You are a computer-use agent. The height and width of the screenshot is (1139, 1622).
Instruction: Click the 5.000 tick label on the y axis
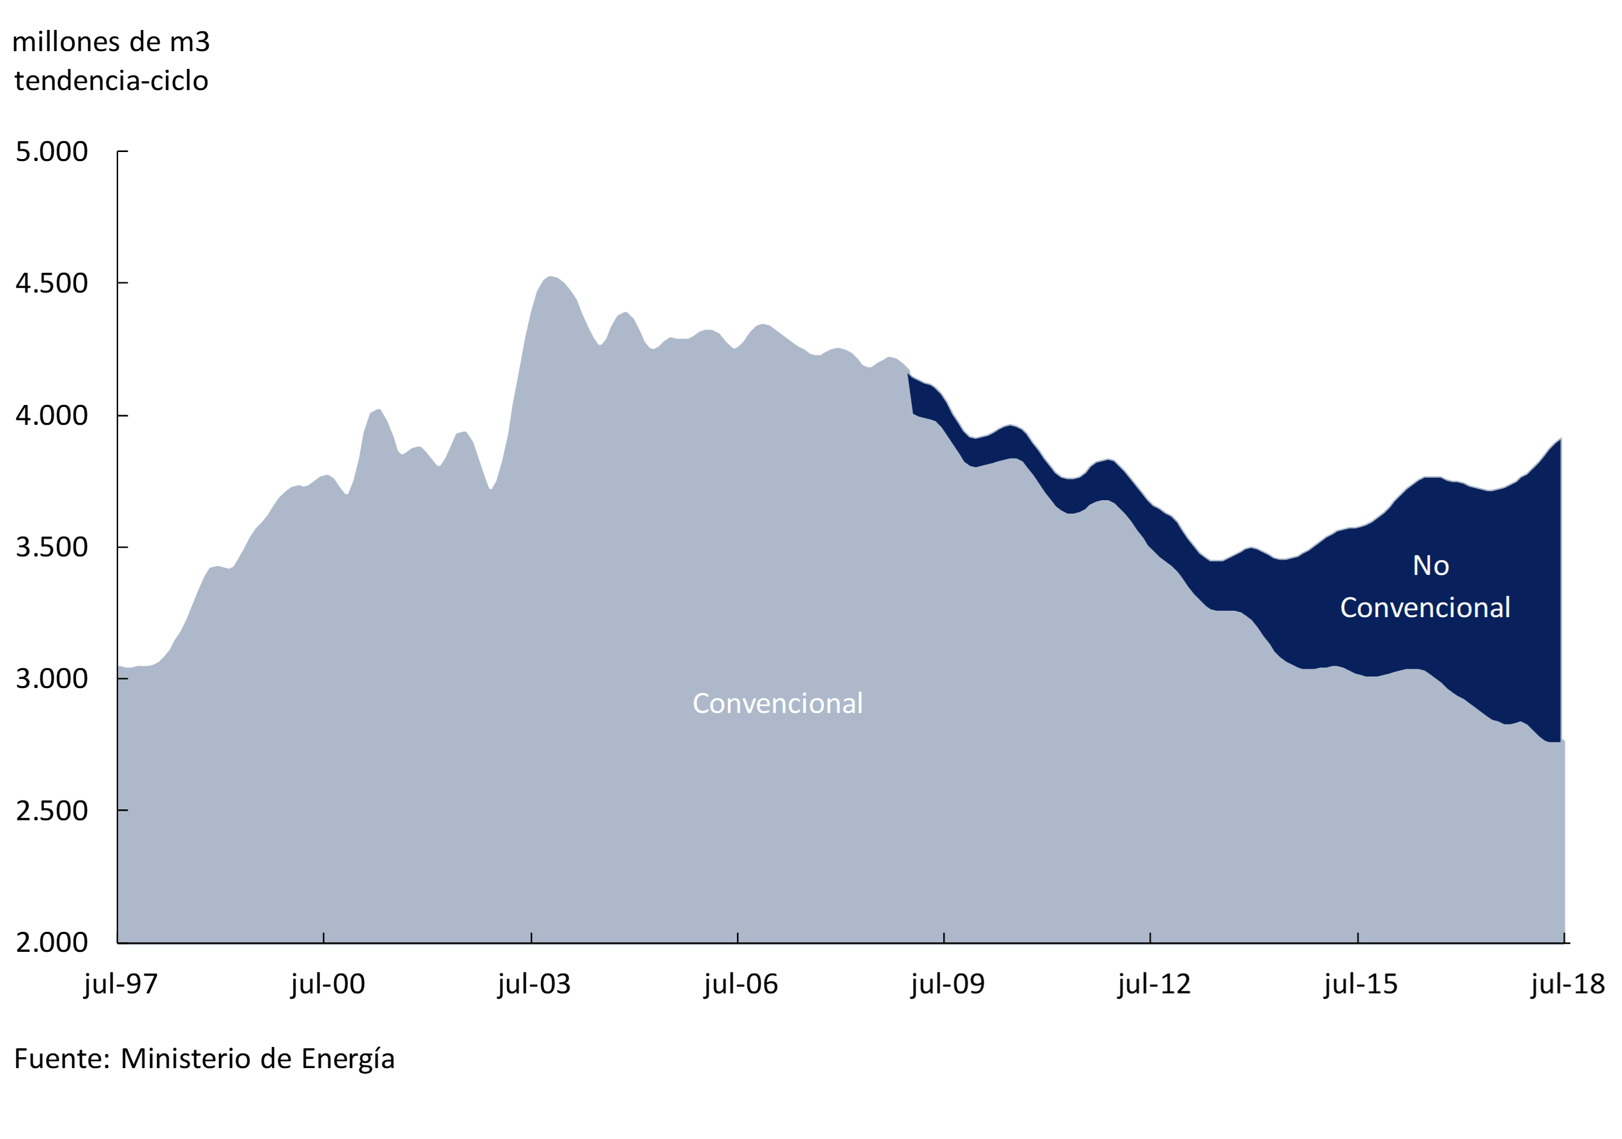pos(52,152)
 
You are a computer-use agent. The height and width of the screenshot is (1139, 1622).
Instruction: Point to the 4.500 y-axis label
pos(52,284)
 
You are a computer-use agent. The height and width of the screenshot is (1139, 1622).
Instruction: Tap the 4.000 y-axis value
pos(52,415)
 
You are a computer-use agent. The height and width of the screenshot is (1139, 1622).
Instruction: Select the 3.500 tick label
pos(52,547)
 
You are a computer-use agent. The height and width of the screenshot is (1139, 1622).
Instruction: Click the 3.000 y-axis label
pos(52,678)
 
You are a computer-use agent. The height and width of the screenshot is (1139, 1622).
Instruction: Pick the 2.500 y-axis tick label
pos(52,811)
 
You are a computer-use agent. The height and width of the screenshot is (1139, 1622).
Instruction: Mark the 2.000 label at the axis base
pos(52,942)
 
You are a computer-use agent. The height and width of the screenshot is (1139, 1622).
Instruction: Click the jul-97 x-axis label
pos(121,984)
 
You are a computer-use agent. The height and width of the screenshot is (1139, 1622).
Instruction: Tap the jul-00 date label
pos(328,984)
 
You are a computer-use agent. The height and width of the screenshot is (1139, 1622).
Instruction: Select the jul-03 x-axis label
pos(534,984)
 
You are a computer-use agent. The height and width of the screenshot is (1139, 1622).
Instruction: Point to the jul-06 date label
pos(741,984)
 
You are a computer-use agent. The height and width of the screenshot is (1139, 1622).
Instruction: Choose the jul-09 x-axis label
pos(948,984)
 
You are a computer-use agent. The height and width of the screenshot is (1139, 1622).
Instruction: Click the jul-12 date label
pos(1155,984)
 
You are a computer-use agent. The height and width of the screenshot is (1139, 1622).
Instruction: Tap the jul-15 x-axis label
pos(1361,984)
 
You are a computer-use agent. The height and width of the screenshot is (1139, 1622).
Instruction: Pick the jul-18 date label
pos(1568,984)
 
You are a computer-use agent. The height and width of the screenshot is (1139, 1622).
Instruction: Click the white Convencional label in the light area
pos(777,703)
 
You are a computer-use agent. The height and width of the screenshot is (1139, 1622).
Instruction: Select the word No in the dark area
pos(1430,565)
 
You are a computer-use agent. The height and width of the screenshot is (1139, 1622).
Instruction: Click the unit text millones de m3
pos(111,42)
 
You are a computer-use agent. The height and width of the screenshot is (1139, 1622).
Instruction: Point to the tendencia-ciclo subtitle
pos(111,81)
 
